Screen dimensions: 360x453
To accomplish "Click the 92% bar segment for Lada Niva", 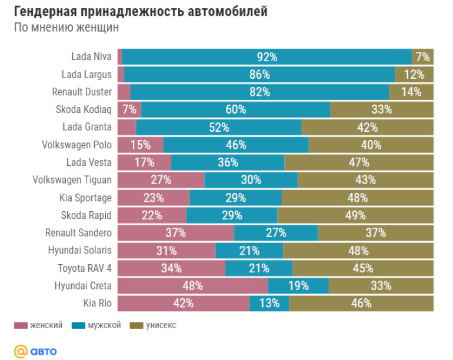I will tap(267, 57).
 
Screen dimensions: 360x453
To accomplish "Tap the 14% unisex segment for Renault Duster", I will tap(411, 92).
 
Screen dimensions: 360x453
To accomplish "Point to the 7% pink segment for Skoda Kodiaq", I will tap(129, 109).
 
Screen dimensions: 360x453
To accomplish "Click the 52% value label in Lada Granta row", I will tap(218, 127).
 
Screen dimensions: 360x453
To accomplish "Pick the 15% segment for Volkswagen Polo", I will tap(141, 145).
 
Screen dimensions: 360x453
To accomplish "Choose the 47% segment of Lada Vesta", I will tap(358, 162).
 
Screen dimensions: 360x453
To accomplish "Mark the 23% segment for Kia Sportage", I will tap(154, 198).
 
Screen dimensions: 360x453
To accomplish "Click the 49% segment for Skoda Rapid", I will tap(355, 215).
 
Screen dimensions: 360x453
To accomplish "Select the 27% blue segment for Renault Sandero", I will tap(276, 233).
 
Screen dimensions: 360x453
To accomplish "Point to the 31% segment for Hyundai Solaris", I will tap(166, 251).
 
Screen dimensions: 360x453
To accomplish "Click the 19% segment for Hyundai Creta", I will tap(298, 286).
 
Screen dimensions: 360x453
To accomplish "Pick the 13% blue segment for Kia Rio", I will tap(269, 304).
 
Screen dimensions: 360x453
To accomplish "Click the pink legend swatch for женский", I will tap(21, 325).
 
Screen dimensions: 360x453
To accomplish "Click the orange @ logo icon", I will tap(21, 351).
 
